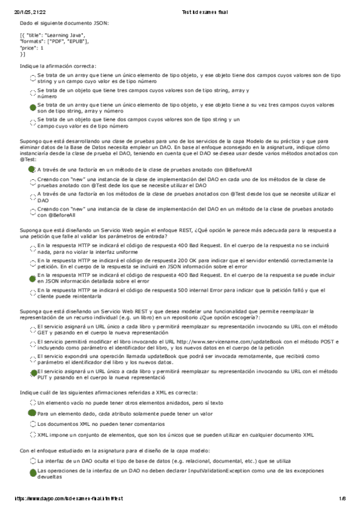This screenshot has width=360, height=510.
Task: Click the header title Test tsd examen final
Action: [x=204, y=12]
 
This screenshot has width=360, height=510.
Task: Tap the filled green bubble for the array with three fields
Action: [x=32, y=107]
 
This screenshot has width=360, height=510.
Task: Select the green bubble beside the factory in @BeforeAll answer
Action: [x=32, y=170]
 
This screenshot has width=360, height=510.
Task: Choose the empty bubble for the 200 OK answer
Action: [x=32, y=263]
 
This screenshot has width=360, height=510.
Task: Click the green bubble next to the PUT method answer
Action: [x=32, y=372]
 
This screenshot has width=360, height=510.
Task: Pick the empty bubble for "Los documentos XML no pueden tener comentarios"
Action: [x=32, y=423]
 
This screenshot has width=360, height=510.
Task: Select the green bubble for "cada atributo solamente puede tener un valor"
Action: [x=32, y=413]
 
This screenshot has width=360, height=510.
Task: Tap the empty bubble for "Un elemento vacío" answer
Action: [x=32, y=402]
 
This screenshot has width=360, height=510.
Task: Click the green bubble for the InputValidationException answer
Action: [x=32, y=472]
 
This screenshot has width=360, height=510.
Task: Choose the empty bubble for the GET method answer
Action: [x=32, y=328]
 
